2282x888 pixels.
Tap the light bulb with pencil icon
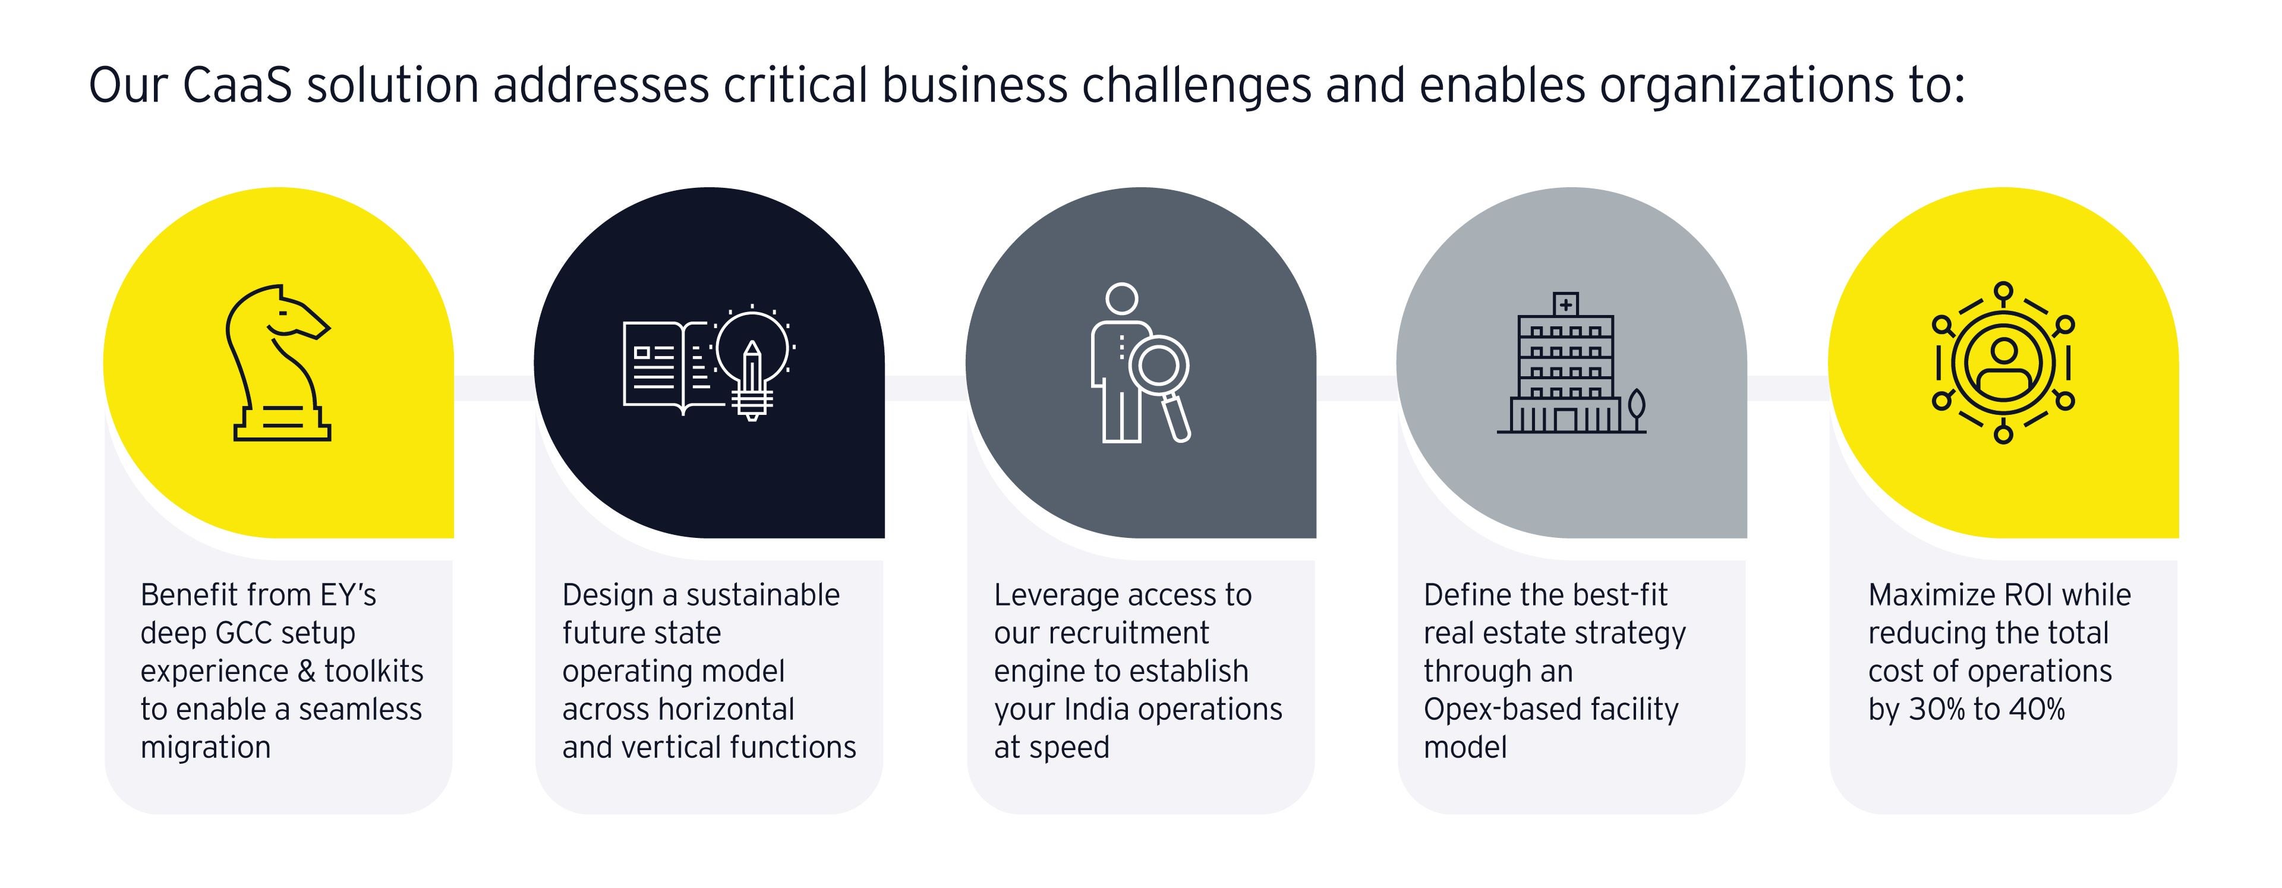coord(752,363)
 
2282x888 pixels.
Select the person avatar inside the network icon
coord(2003,363)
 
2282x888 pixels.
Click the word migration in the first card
coord(206,748)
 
